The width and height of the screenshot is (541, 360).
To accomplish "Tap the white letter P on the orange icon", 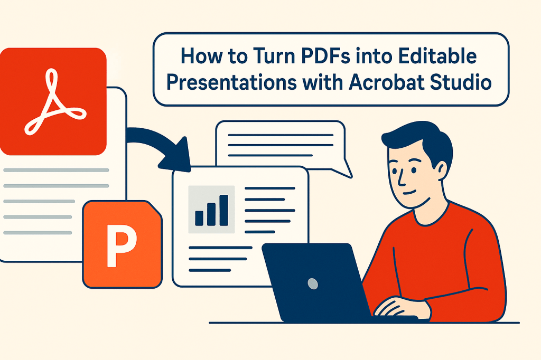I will click(x=121, y=245).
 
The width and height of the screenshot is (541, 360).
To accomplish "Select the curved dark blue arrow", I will click(x=158, y=143).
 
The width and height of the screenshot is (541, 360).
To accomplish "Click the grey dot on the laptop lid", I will click(x=312, y=283).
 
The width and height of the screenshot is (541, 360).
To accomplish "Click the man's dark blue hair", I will click(x=417, y=135).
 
